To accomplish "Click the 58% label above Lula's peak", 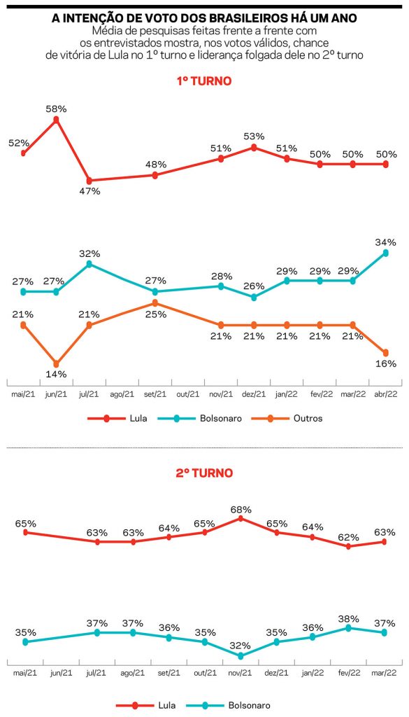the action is pos(57,109).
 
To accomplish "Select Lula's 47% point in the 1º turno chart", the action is pos(89,181).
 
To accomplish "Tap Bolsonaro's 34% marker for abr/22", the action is pos(386,253).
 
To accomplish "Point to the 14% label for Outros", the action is pos(57,374).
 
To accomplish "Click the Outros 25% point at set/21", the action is pos(155,302).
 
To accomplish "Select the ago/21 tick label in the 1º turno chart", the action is pos(122,394).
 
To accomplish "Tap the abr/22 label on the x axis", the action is pos(386,394).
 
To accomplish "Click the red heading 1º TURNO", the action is pos(204,81).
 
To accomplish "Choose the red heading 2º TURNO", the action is pos(204,473).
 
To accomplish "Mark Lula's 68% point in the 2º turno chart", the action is pos(241,519).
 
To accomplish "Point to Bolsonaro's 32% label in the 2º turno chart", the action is pos(241,646).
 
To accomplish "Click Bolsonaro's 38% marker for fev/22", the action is pos(348,628).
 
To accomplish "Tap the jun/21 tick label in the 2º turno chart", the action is pos(61,673).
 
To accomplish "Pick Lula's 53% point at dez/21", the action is pos(254,147).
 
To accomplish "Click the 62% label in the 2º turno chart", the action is pos(348,537).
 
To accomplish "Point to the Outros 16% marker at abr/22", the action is pos(386,353).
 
